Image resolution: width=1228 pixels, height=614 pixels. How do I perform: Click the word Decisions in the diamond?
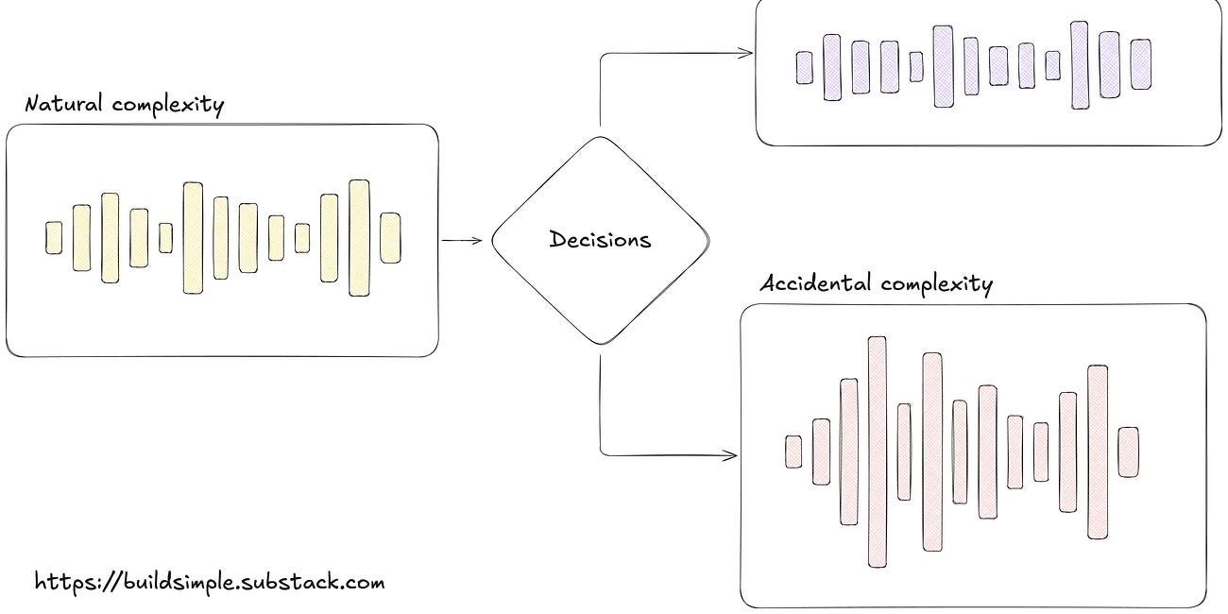pyautogui.click(x=600, y=239)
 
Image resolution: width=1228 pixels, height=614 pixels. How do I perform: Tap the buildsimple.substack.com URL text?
pyautogui.click(x=210, y=580)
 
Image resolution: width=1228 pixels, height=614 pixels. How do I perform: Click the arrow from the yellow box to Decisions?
pyautogui.click(x=463, y=240)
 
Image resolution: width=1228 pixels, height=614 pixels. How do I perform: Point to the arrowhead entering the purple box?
pyautogui.click(x=747, y=53)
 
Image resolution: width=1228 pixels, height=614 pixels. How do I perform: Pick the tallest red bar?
pyautogui.click(x=877, y=452)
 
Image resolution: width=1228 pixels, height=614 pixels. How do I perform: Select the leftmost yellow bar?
pyautogui.click(x=54, y=237)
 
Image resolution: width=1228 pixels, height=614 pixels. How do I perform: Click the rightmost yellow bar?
pyautogui.click(x=390, y=237)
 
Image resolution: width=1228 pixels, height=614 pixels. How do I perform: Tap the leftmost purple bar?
pyautogui.click(x=804, y=67)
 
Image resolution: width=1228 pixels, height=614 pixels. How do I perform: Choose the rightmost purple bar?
pyautogui.click(x=1140, y=64)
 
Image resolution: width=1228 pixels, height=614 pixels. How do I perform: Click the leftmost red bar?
pyautogui.click(x=793, y=452)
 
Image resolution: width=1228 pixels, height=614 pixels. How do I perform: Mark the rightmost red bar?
pyautogui.click(x=1128, y=452)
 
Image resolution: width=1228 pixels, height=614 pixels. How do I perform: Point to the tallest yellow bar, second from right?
pyautogui.click(x=359, y=237)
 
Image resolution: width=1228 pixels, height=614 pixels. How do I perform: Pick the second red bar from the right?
pyautogui.click(x=1097, y=452)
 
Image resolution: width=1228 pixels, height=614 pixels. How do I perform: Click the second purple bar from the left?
pyautogui.click(x=831, y=67)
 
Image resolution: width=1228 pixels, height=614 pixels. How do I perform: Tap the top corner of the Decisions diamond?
pyautogui.click(x=600, y=138)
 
